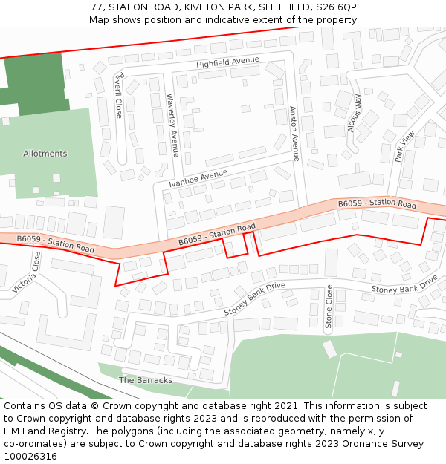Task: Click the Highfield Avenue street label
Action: (x=227, y=62)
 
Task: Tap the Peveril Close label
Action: (x=118, y=96)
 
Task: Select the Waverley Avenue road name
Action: (x=172, y=125)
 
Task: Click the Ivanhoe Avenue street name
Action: (x=198, y=178)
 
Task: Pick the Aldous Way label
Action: (x=355, y=114)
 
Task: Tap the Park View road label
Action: (x=405, y=146)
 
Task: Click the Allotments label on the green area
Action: (x=45, y=154)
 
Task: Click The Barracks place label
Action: (x=146, y=380)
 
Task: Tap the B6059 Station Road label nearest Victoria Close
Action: (x=56, y=244)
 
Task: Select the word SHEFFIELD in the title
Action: (x=282, y=7)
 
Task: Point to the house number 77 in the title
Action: (x=97, y=7)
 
